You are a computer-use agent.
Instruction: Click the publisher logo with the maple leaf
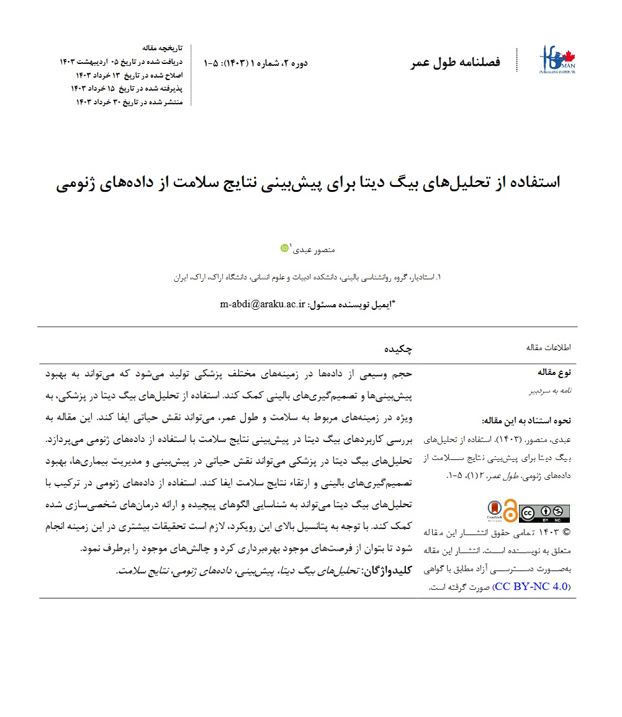(557, 61)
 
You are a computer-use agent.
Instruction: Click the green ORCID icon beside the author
(285, 248)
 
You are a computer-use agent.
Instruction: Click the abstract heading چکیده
(399, 349)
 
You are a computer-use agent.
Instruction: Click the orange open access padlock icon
(510, 512)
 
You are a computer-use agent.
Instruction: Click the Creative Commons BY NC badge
(544, 513)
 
